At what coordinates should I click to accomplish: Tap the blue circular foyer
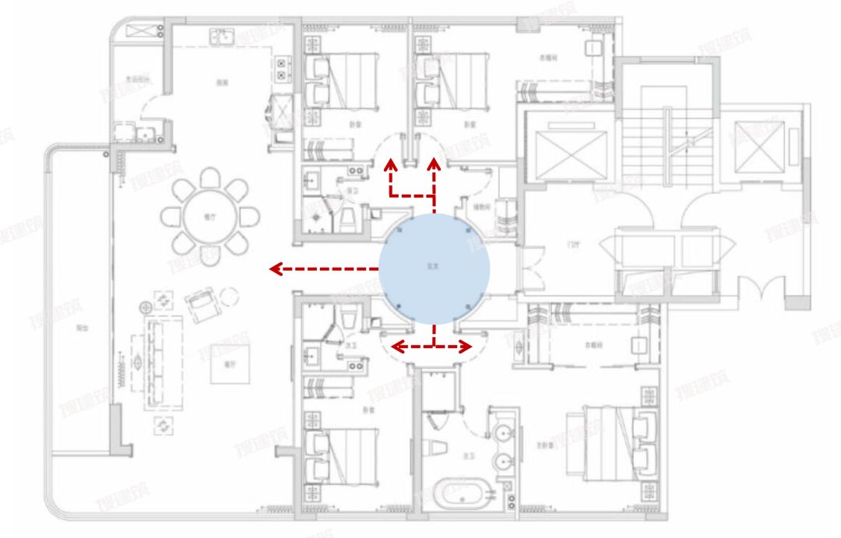click(x=435, y=269)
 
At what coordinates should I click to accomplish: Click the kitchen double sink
click(x=223, y=37)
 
